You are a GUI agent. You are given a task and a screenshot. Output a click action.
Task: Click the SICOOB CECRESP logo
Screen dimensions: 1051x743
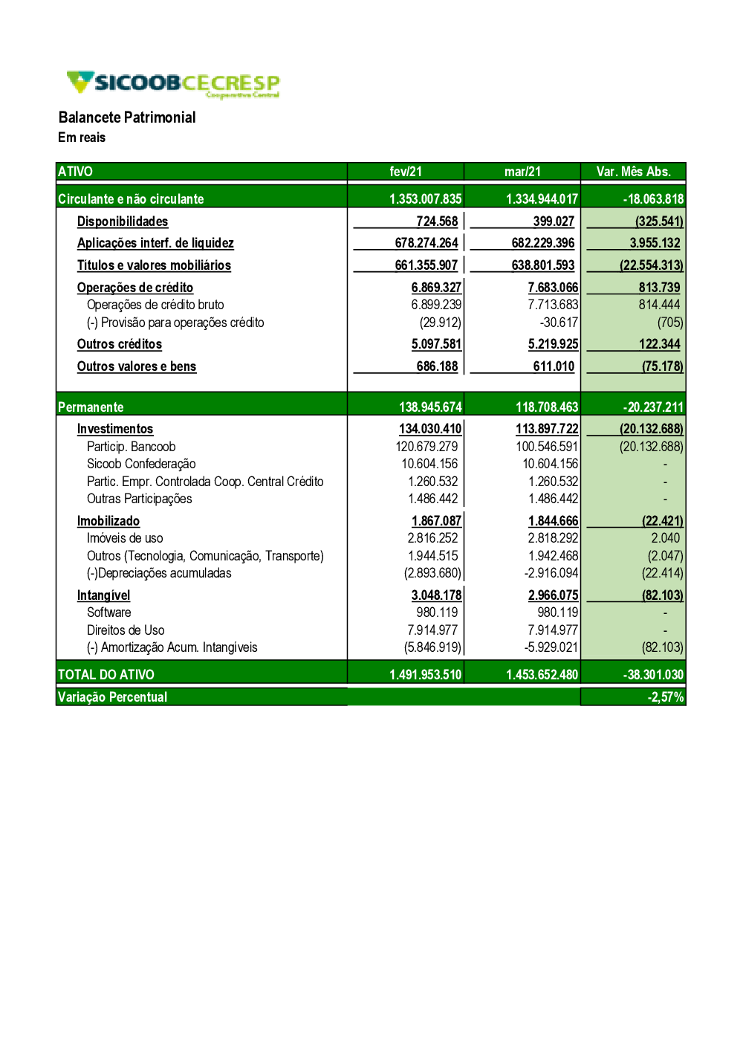point(173,83)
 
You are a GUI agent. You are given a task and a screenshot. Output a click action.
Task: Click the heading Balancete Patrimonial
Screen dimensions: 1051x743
point(127,117)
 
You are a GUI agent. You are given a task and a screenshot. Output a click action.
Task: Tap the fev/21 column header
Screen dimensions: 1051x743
point(406,172)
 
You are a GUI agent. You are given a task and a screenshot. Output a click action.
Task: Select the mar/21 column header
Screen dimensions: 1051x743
point(522,172)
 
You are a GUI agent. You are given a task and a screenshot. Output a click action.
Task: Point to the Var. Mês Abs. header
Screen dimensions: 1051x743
point(633,172)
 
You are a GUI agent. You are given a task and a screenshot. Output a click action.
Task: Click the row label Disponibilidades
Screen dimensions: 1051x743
point(123,221)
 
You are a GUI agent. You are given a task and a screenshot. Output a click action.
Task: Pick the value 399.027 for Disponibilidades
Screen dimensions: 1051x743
point(554,221)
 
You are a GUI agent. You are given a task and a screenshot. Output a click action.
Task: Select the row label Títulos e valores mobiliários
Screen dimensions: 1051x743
point(154,265)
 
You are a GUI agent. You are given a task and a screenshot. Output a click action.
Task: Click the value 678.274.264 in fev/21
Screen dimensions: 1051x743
point(426,243)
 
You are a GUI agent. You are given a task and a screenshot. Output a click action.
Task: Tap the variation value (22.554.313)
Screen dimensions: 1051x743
point(652,265)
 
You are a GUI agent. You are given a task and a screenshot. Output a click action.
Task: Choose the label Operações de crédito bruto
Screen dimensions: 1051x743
point(155,305)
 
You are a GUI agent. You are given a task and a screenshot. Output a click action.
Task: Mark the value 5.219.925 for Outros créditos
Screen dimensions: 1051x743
point(553,344)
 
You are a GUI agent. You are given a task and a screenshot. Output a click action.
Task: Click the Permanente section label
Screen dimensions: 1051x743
point(91,407)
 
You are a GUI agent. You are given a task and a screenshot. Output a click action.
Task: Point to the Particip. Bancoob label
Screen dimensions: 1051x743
point(132,447)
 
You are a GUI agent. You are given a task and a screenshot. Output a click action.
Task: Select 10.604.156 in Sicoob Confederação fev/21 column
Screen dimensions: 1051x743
point(429,464)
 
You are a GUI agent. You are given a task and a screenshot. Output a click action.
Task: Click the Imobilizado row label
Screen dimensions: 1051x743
point(108,521)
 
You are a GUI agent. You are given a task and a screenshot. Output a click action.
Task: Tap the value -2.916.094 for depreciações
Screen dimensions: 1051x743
point(551,573)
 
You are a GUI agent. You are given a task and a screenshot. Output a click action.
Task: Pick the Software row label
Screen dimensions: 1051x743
point(109,612)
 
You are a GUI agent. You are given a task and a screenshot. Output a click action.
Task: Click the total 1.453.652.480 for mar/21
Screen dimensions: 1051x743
point(542,675)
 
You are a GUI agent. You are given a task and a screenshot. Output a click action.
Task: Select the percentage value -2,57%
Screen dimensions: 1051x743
point(666,697)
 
